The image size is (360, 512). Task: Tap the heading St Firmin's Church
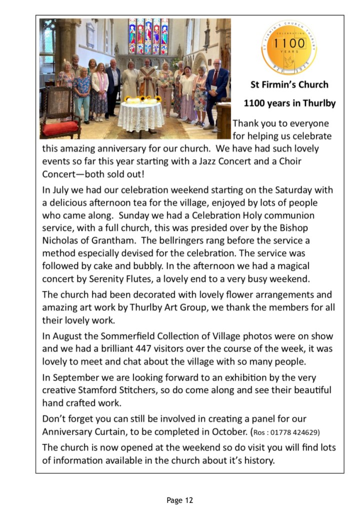(x=289, y=84)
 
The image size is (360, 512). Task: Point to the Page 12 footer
(x=179, y=499)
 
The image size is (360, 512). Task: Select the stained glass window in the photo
(x=148, y=36)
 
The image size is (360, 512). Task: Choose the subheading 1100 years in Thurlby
(x=289, y=104)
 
